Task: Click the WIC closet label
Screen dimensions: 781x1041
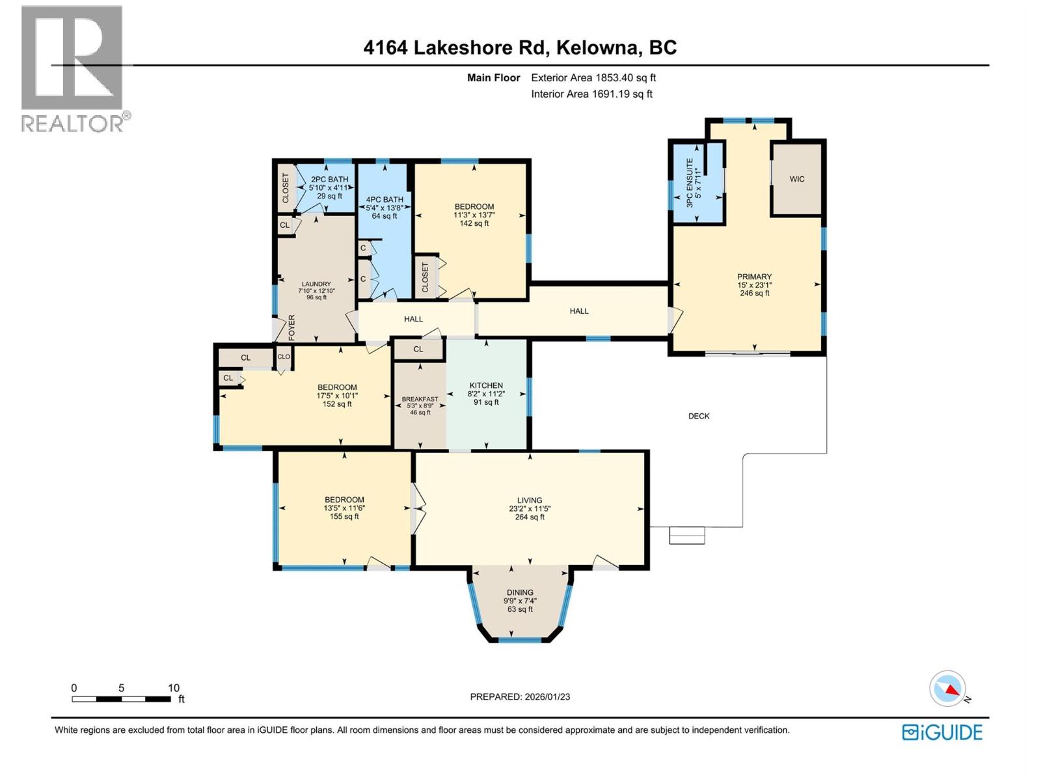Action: pyautogui.click(x=797, y=179)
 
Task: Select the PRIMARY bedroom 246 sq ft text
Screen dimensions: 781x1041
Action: pyautogui.click(x=755, y=294)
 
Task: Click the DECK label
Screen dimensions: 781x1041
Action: pyautogui.click(x=699, y=416)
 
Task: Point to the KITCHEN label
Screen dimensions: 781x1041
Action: pyautogui.click(x=486, y=385)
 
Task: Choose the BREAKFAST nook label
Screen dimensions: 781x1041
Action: pyautogui.click(x=420, y=399)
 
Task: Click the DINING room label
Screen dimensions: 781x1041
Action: pyautogui.click(x=520, y=592)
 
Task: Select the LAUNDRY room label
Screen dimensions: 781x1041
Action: pyautogui.click(x=316, y=284)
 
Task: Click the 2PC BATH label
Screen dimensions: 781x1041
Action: pyautogui.click(x=329, y=179)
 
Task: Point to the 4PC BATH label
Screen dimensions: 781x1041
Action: pyautogui.click(x=385, y=199)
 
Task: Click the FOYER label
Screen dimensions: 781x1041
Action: pyautogui.click(x=292, y=327)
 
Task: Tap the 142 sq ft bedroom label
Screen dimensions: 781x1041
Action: pyautogui.click(x=474, y=223)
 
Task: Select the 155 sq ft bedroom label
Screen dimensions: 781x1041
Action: pyautogui.click(x=344, y=517)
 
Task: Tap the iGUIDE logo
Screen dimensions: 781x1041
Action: pyautogui.click(x=942, y=732)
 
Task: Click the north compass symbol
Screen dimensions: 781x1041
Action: pyautogui.click(x=948, y=689)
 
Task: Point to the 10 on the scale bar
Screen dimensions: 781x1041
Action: pyautogui.click(x=174, y=688)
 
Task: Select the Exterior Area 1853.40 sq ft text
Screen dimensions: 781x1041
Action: pyautogui.click(x=593, y=77)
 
